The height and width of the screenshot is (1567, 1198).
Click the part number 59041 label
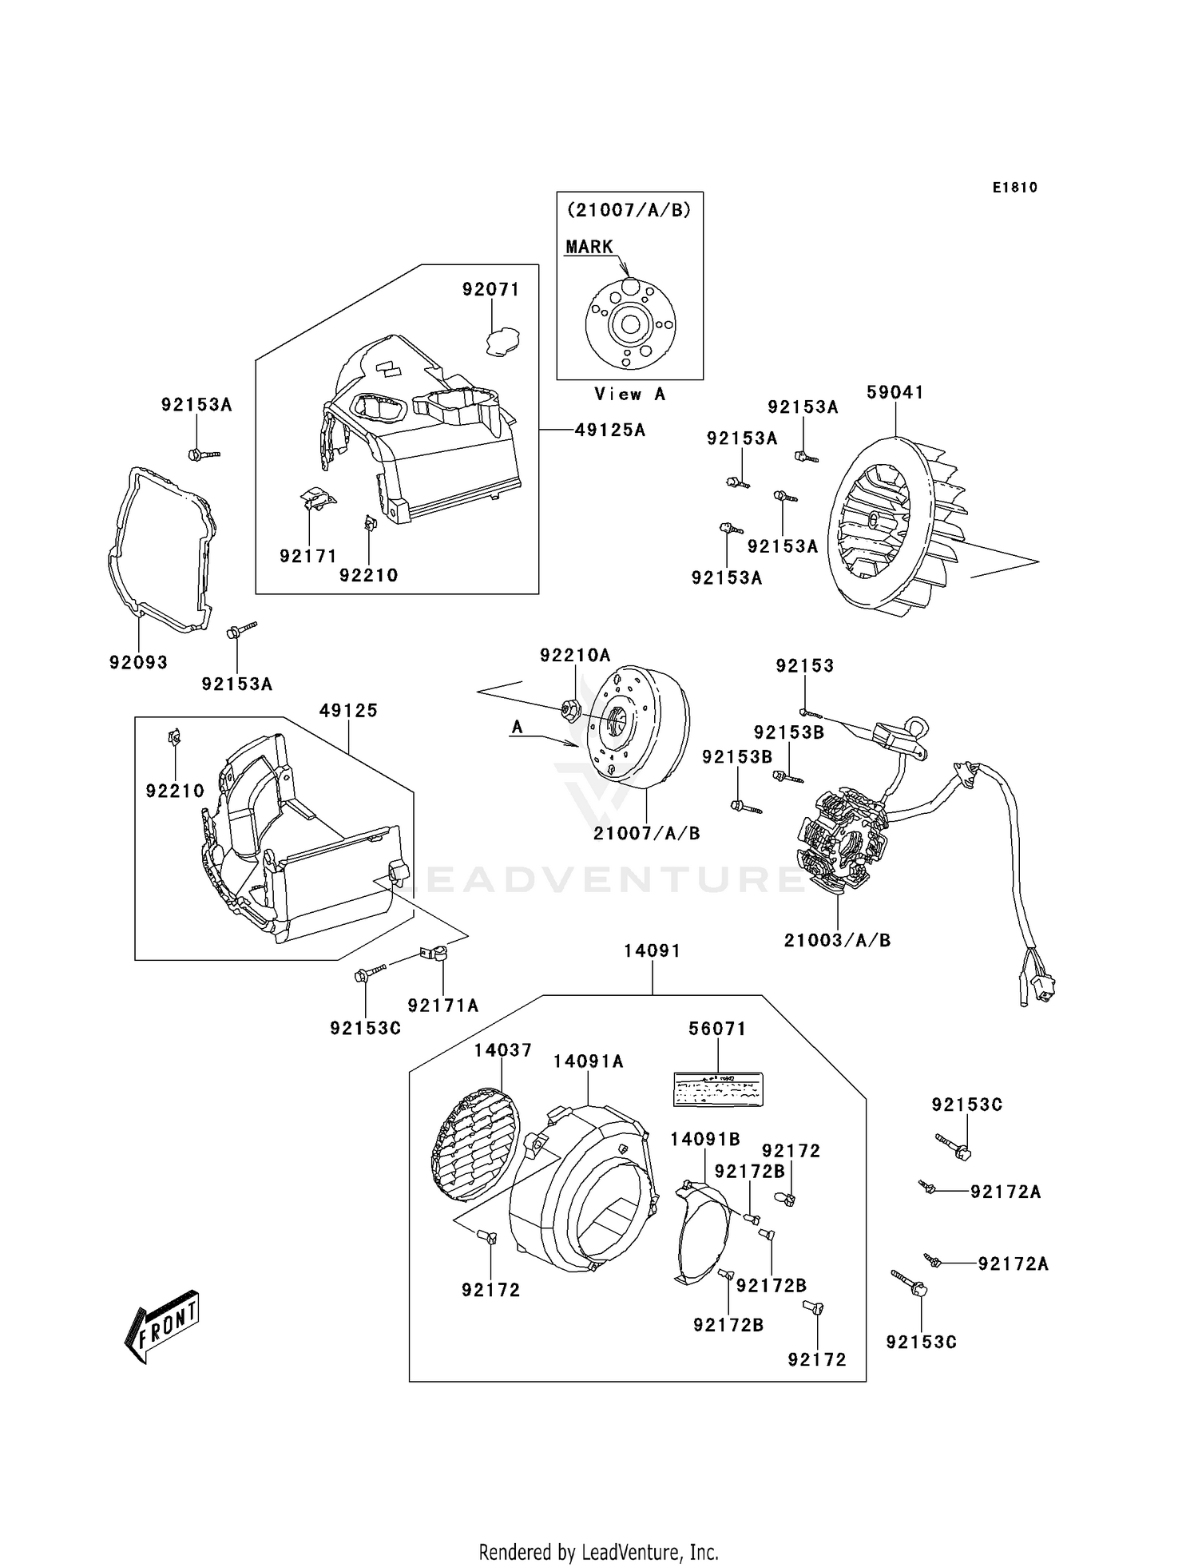(895, 392)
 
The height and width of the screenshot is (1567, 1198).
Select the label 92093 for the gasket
(139, 662)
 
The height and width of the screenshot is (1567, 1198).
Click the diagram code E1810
(1015, 188)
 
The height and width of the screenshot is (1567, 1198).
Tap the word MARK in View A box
(589, 247)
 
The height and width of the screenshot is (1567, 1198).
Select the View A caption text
(629, 394)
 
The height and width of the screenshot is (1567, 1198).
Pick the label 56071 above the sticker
(717, 1029)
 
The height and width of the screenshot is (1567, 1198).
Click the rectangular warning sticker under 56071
(717, 1089)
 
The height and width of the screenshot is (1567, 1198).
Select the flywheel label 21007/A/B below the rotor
(647, 833)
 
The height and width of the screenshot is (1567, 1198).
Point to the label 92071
(491, 290)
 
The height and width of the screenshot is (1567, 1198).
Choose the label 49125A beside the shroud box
(610, 430)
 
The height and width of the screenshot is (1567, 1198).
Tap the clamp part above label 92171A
(436, 953)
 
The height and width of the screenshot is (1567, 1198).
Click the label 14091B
(705, 1140)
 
